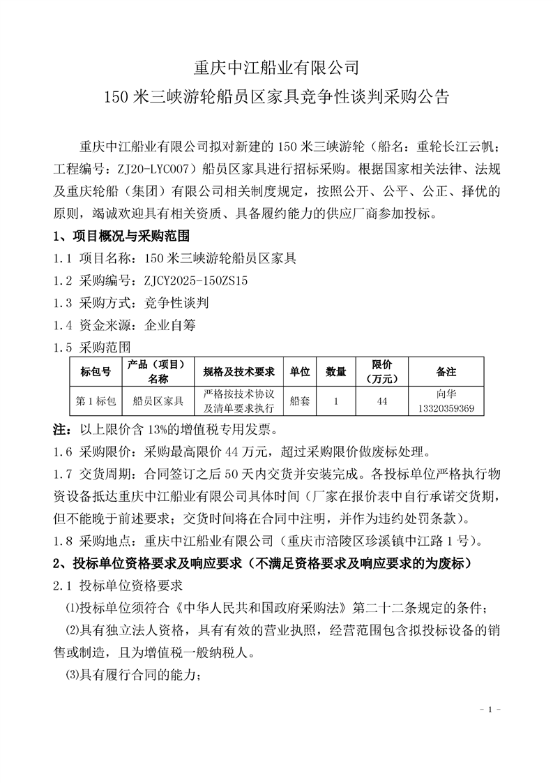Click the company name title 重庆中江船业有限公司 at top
(x=276, y=68)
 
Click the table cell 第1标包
(x=96, y=401)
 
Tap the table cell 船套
(x=300, y=401)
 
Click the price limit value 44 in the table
(x=382, y=401)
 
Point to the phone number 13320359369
(x=446, y=408)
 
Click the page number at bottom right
(x=491, y=710)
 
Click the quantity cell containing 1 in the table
(x=336, y=401)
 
